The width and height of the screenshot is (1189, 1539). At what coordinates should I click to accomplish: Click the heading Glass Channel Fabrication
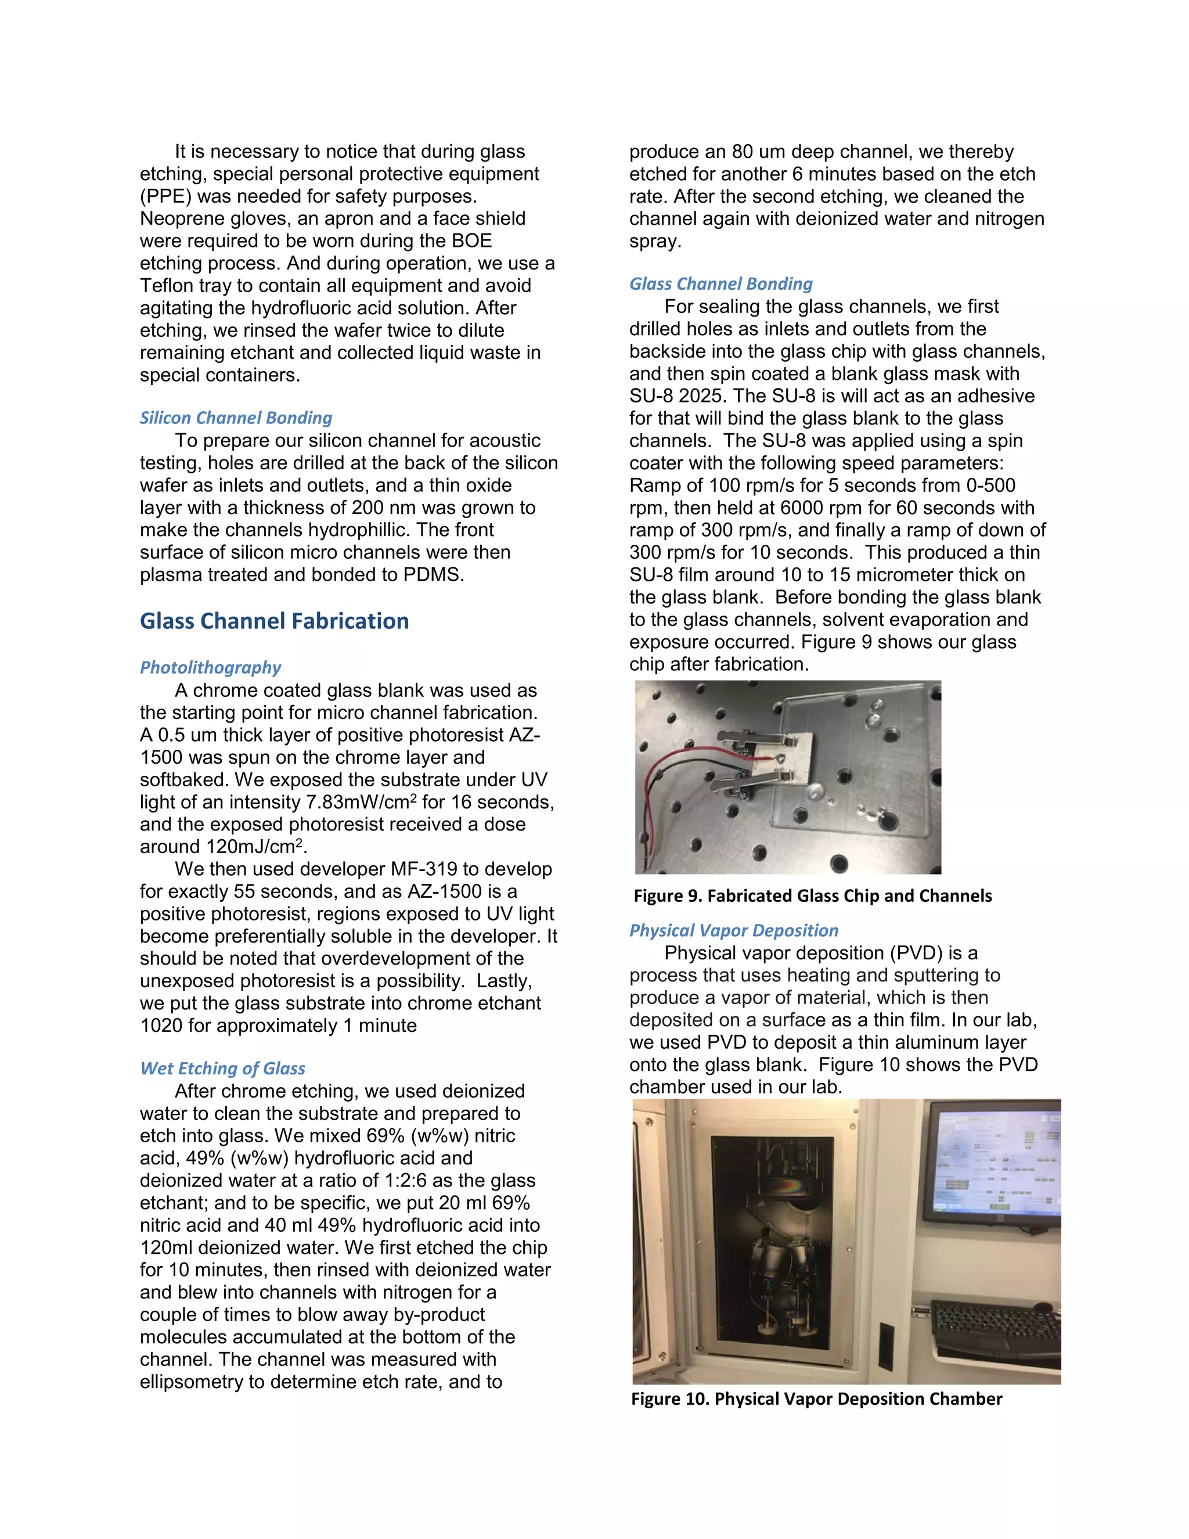click(x=274, y=621)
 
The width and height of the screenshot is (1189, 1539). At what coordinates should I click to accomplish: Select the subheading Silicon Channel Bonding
click(x=235, y=418)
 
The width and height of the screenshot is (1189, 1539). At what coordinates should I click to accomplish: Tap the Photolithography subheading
click(x=210, y=667)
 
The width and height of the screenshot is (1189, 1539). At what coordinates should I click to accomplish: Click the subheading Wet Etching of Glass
click(x=222, y=1068)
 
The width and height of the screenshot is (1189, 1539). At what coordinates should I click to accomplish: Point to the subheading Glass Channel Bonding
click(x=720, y=284)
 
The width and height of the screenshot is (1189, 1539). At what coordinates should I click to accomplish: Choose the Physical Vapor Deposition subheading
click(x=733, y=930)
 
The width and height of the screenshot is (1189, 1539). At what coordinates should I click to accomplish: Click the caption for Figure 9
click(x=812, y=896)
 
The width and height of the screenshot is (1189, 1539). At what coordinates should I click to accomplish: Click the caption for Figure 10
click(x=816, y=1399)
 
